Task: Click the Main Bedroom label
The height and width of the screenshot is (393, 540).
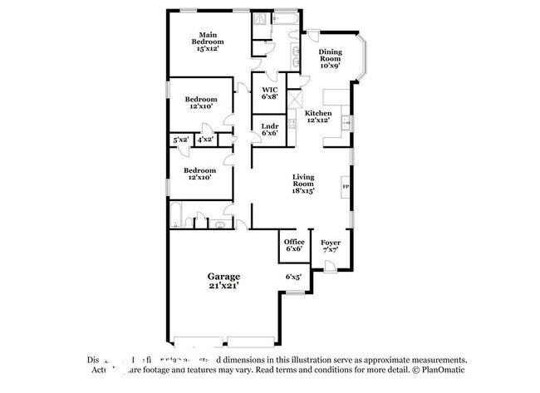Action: click(x=209, y=37)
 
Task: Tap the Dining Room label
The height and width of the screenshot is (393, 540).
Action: click(x=330, y=55)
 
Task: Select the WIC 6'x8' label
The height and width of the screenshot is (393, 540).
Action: click(x=269, y=93)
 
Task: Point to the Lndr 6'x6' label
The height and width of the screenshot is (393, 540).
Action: click(x=269, y=130)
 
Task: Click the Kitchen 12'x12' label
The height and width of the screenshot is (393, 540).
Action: click(x=317, y=116)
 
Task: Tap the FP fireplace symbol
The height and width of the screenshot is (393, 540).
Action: click(x=346, y=187)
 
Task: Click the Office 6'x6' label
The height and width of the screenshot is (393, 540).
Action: click(x=294, y=245)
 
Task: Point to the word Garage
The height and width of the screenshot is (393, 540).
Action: click(x=223, y=276)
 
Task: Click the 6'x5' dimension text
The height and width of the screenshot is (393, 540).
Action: click(x=293, y=276)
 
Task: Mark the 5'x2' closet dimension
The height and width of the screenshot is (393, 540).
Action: click(x=180, y=140)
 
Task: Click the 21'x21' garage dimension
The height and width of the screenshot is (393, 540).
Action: click(x=223, y=286)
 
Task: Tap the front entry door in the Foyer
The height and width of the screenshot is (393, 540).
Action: click(x=330, y=266)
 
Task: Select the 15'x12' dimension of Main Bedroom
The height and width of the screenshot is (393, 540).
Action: click(x=209, y=49)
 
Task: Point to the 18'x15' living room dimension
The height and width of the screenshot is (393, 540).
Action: click(x=304, y=190)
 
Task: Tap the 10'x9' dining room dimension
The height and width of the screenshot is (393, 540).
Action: click(x=330, y=65)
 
